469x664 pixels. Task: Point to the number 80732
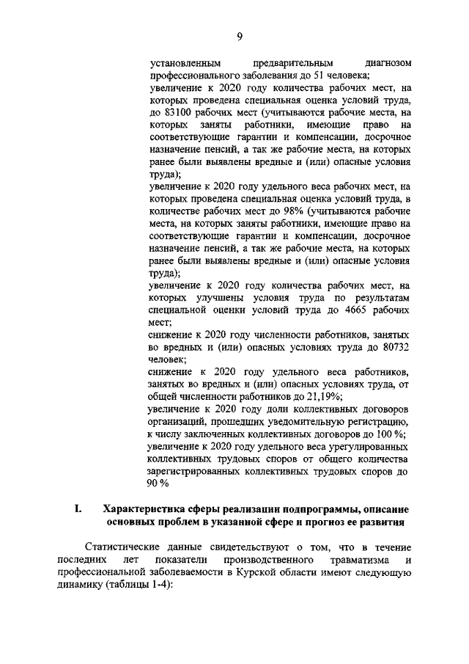pyautogui.click(x=392, y=347)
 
